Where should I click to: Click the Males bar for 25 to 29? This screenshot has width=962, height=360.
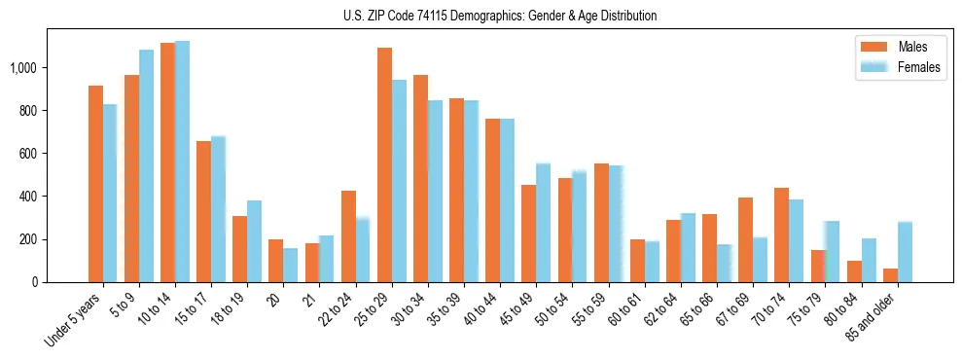[384, 164]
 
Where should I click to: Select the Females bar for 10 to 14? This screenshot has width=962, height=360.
[182, 162]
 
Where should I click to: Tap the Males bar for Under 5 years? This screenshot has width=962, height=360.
[95, 184]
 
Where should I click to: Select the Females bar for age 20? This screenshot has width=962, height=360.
[291, 265]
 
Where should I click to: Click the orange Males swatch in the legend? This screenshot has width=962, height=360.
[873, 46]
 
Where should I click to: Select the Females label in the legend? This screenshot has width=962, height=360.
[919, 67]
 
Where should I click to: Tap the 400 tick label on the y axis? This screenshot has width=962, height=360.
[27, 197]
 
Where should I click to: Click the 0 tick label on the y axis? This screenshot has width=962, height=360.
[34, 282]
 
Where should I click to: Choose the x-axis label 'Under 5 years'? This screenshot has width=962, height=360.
[75, 320]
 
